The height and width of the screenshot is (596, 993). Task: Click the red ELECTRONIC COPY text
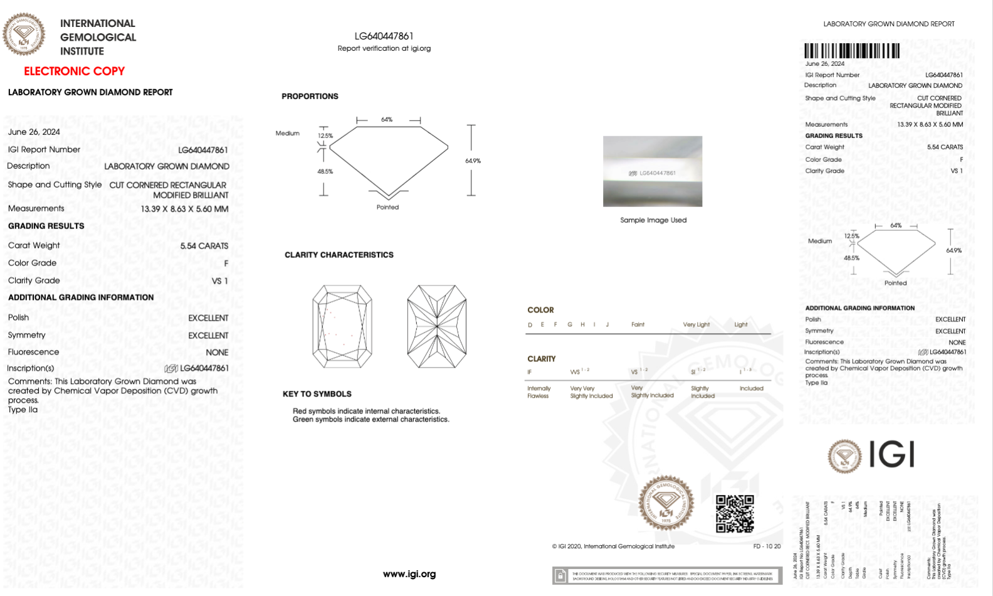(74, 71)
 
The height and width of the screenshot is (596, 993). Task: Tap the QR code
(735, 514)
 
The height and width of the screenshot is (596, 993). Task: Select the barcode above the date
(851, 51)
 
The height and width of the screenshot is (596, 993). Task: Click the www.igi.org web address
(409, 573)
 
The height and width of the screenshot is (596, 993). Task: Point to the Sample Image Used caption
(653, 220)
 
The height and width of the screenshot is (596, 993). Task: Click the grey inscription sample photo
(653, 171)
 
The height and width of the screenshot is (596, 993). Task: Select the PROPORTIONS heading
(310, 96)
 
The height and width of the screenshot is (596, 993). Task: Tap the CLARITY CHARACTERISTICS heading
(339, 255)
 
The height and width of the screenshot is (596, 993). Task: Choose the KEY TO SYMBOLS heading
(317, 394)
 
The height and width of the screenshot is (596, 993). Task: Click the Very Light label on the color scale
(696, 324)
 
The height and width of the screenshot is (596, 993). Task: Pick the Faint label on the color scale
(638, 324)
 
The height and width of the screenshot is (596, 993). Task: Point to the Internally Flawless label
(539, 392)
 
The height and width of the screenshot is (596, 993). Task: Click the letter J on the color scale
(607, 324)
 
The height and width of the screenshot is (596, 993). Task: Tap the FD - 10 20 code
(767, 546)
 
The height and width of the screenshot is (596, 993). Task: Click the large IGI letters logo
(891, 454)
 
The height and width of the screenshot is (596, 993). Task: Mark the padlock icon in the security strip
(560, 576)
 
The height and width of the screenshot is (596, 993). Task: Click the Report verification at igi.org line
(384, 48)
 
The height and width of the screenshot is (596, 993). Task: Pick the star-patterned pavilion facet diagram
(436, 326)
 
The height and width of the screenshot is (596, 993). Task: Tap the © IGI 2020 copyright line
(613, 546)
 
